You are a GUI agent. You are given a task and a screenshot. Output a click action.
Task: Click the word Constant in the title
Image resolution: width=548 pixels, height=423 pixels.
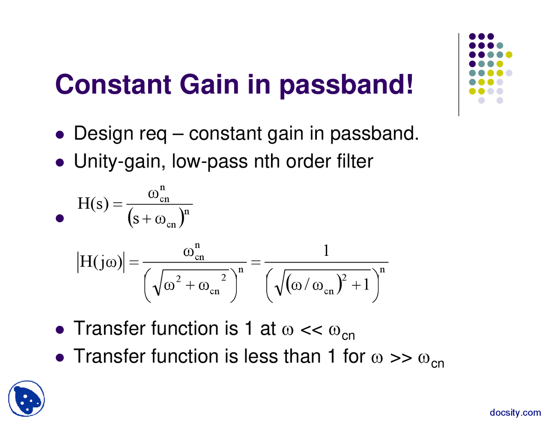[x=113, y=84]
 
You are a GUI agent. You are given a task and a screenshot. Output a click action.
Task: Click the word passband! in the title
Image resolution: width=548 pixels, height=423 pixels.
[x=346, y=85]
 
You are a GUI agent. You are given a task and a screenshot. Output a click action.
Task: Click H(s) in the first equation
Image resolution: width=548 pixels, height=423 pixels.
[x=92, y=204]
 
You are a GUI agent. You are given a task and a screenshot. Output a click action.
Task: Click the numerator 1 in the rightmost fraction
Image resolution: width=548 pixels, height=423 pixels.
[x=326, y=251]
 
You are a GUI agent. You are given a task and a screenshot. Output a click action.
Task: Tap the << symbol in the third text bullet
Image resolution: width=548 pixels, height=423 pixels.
[x=311, y=329]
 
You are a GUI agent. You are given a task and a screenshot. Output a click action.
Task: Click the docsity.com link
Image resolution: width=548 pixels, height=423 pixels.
[x=515, y=412]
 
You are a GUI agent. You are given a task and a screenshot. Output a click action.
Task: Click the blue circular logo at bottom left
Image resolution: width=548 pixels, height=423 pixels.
[x=27, y=399]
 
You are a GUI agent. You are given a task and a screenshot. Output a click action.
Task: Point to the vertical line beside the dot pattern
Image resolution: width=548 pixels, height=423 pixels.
[x=459, y=75]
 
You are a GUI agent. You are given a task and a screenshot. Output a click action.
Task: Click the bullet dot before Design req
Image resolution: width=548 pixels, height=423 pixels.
[x=60, y=135]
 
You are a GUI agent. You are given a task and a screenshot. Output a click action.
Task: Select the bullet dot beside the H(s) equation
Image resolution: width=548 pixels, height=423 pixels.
[x=60, y=219]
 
